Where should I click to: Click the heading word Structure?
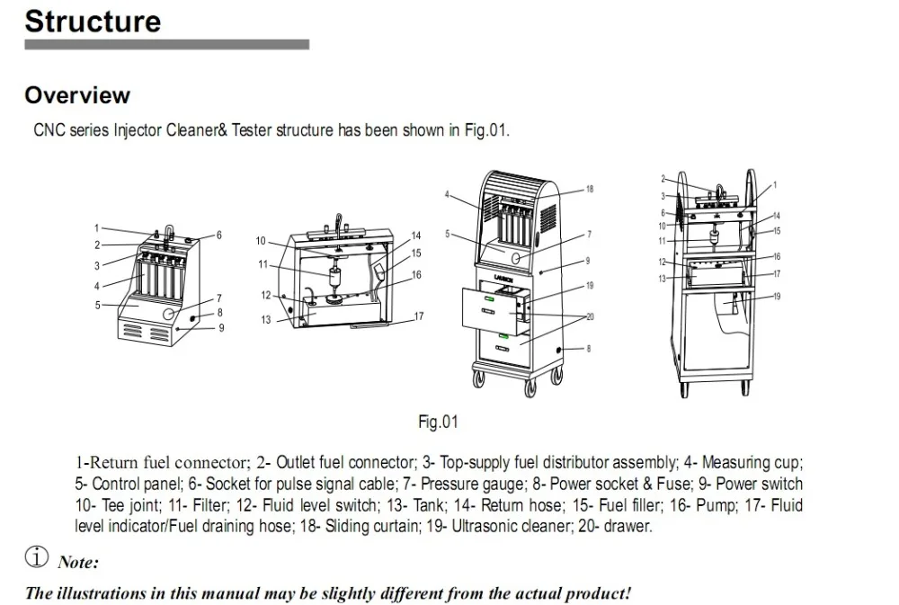click(93, 22)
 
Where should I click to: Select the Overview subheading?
click(77, 95)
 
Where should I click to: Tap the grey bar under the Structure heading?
click(167, 45)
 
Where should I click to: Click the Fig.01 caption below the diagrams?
click(438, 423)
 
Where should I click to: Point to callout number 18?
click(590, 189)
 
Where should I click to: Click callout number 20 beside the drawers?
click(590, 316)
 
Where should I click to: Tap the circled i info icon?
click(37, 556)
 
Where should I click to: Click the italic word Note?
click(78, 562)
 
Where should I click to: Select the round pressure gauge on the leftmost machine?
click(169, 314)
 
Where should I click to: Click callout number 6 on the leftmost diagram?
click(218, 236)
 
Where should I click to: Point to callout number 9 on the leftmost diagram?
click(221, 328)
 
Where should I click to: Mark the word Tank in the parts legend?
click(429, 505)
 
